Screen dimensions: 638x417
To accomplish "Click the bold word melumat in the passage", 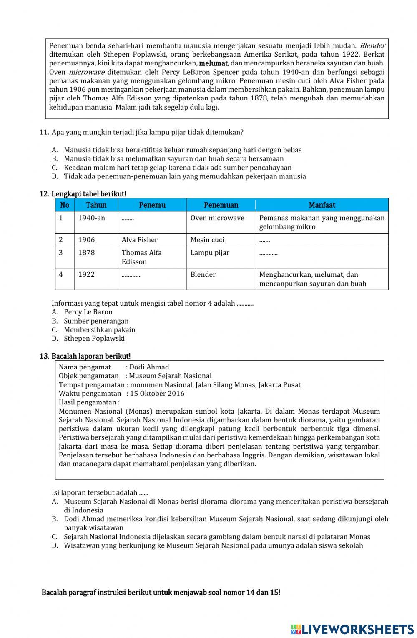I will click(214, 63).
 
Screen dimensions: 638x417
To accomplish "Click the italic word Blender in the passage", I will click(372, 45).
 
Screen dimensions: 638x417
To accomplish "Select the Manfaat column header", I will click(322, 205).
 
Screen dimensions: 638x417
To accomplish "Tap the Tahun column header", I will click(96, 205).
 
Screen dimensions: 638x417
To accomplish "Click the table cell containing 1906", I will click(96, 240).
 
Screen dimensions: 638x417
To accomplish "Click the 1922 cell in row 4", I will click(96, 275).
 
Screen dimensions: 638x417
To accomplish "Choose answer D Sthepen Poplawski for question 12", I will click(94, 339).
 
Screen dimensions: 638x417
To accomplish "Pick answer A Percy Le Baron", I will click(88, 312).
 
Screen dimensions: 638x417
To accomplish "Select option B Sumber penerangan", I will click(96, 321).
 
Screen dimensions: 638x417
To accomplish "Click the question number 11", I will click(44, 132).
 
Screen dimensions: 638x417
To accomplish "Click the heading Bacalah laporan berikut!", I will click(90, 356).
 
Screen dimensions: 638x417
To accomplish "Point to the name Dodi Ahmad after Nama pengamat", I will click(149, 367).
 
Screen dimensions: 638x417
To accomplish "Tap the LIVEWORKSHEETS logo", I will click(352, 629).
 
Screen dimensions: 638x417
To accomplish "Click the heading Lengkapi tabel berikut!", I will click(88, 194).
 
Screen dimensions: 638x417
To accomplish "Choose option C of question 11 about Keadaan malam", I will click(177, 168).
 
